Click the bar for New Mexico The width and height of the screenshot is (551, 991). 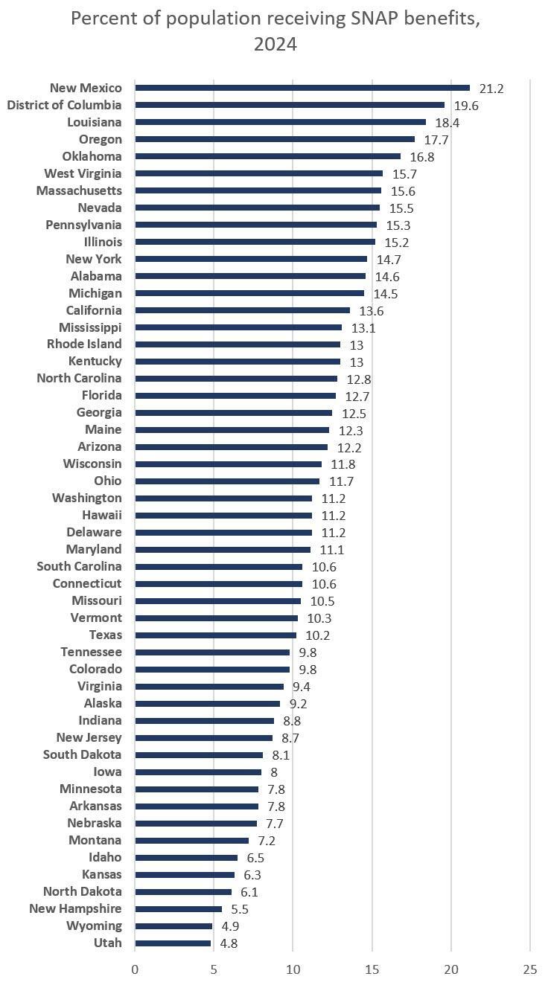tap(302, 88)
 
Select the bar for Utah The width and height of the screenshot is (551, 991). tap(173, 943)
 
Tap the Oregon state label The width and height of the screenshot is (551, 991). tap(100, 139)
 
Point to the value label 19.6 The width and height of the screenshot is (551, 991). tap(466, 106)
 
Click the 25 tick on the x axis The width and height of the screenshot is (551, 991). tap(529, 969)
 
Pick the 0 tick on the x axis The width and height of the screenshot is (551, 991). tap(135, 969)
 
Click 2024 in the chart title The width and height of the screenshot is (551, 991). tap(275, 45)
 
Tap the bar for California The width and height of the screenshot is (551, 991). tap(242, 310)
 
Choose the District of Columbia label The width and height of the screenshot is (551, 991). tap(64, 105)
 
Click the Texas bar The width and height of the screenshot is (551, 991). tap(215, 635)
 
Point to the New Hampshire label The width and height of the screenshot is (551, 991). tap(75, 908)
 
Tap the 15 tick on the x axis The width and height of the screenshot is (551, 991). tap(372, 969)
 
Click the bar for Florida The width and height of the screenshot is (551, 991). tap(235, 396)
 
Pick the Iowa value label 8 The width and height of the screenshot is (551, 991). tap(274, 772)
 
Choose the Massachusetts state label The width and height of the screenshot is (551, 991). tap(79, 190)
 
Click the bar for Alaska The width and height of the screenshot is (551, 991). tap(207, 704)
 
